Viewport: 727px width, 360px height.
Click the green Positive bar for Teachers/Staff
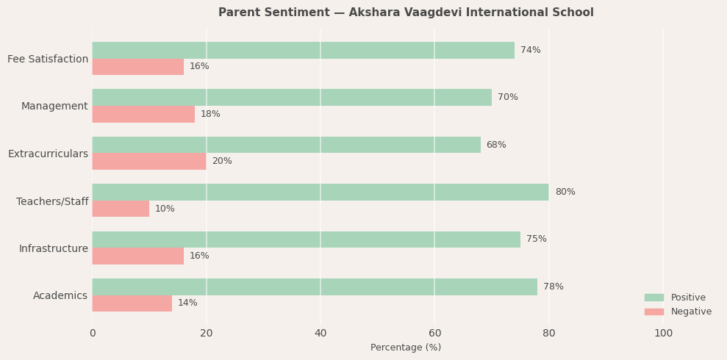coord(320,192)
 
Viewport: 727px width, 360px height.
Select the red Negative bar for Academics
coord(132,303)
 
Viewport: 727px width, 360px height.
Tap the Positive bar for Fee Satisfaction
coord(303,51)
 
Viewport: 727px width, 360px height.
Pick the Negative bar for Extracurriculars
coord(149,162)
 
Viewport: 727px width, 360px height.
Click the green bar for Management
coord(292,98)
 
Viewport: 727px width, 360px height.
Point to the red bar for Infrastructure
coord(138,256)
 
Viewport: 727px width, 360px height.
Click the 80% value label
coord(565,192)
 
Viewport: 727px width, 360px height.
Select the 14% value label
coord(187,303)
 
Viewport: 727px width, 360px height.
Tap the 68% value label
coord(496,145)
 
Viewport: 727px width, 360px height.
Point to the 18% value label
coord(210,115)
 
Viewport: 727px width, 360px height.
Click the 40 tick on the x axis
coord(320,334)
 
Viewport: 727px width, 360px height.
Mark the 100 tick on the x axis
coord(663,334)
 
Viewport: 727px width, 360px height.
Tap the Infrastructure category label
coord(54,249)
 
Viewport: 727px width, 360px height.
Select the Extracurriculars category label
coord(48,154)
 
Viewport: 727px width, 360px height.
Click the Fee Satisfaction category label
coord(48,60)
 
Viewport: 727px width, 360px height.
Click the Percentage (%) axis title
coord(406,348)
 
